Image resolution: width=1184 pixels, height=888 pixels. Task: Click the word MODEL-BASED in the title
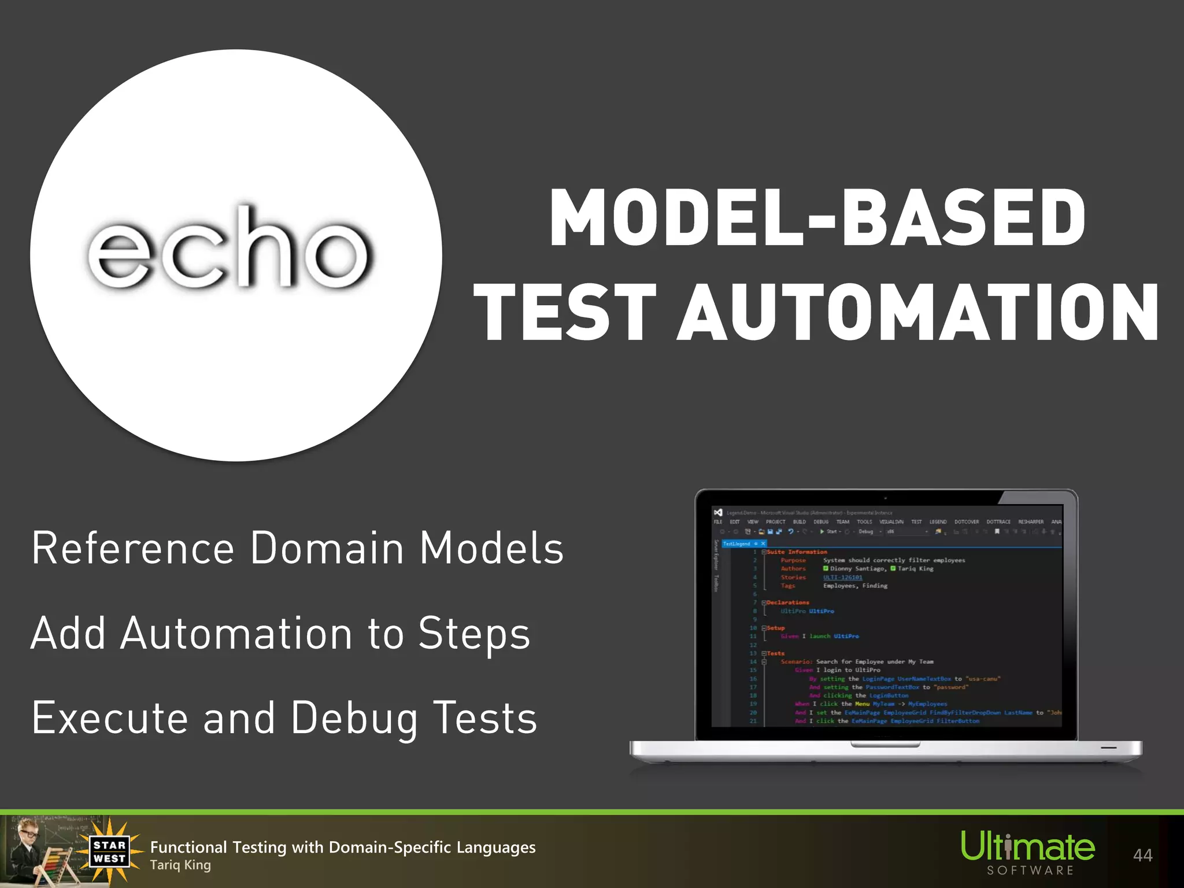tap(817, 219)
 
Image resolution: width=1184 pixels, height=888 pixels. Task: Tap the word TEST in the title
tap(565, 313)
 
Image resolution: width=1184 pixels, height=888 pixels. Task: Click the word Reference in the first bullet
tap(133, 548)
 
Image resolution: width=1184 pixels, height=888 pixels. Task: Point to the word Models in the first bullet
tap(491, 548)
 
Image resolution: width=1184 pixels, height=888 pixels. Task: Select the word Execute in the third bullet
tap(110, 718)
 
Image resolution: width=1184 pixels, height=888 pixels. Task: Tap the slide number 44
tap(1142, 855)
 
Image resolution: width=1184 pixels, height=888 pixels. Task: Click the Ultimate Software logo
tap(1028, 853)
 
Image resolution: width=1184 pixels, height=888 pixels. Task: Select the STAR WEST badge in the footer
tap(109, 852)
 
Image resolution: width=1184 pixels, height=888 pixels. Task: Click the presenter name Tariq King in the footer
tap(180, 865)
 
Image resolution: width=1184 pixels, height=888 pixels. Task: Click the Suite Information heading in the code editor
tap(797, 552)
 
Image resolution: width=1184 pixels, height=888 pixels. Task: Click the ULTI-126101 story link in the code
tap(842, 578)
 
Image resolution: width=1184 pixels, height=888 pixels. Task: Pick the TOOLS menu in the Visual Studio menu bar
tap(864, 522)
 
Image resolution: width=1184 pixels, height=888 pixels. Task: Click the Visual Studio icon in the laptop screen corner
tap(718, 513)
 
